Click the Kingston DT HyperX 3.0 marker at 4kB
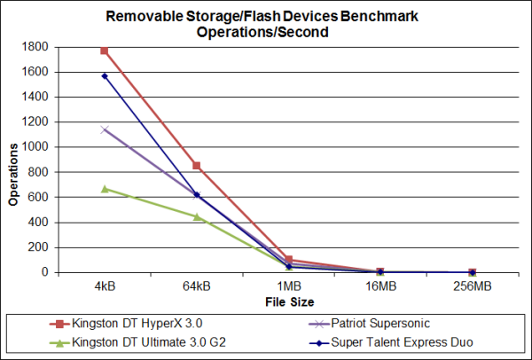[x=105, y=51]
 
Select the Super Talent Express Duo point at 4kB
[x=105, y=76]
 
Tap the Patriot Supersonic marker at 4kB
[x=105, y=129]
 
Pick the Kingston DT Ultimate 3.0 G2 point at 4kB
[x=105, y=189]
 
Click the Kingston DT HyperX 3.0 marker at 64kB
[x=196, y=166]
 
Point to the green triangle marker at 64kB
[x=196, y=216]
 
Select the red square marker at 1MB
[x=288, y=260]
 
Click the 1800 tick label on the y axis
[x=38, y=47]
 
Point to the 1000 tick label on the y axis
[x=38, y=147]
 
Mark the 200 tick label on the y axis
[x=41, y=247]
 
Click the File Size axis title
[x=288, y=301]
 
